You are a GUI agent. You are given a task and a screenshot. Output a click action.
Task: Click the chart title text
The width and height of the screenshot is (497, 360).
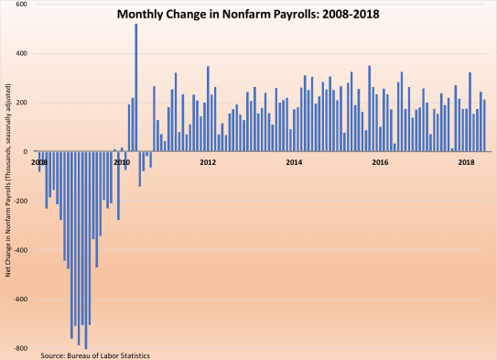coord(248,15)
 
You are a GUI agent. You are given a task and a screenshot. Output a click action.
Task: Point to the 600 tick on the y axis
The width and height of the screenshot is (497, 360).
coord(21,5)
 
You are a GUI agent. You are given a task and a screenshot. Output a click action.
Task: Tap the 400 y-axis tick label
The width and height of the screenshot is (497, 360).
coord(21,53)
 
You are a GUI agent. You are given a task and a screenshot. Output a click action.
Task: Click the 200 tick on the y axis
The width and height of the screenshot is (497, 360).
coord(21,103)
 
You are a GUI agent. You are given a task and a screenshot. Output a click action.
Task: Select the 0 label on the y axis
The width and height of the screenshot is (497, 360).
coord(25,152)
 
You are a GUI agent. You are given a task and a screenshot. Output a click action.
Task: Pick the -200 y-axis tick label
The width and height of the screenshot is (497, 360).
coord(19,202)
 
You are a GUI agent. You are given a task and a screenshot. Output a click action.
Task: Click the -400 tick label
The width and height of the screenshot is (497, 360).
coord(19,250)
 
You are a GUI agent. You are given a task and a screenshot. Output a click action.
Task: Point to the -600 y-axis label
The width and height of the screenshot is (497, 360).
coord(19,300)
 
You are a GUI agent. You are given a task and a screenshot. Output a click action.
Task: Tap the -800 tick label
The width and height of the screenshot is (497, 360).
coord(19,349)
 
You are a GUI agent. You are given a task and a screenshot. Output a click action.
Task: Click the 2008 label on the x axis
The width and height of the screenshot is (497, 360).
coord(38,162)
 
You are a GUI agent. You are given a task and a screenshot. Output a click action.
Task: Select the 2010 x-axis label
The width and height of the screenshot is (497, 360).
coord(121,162)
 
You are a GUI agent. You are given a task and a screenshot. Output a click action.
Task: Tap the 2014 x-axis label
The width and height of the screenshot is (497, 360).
coord(294,162)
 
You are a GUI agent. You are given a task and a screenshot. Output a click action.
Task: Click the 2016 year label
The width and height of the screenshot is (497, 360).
coord(380,162)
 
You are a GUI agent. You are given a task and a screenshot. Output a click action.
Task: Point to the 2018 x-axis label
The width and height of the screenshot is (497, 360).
coord(466,162)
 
